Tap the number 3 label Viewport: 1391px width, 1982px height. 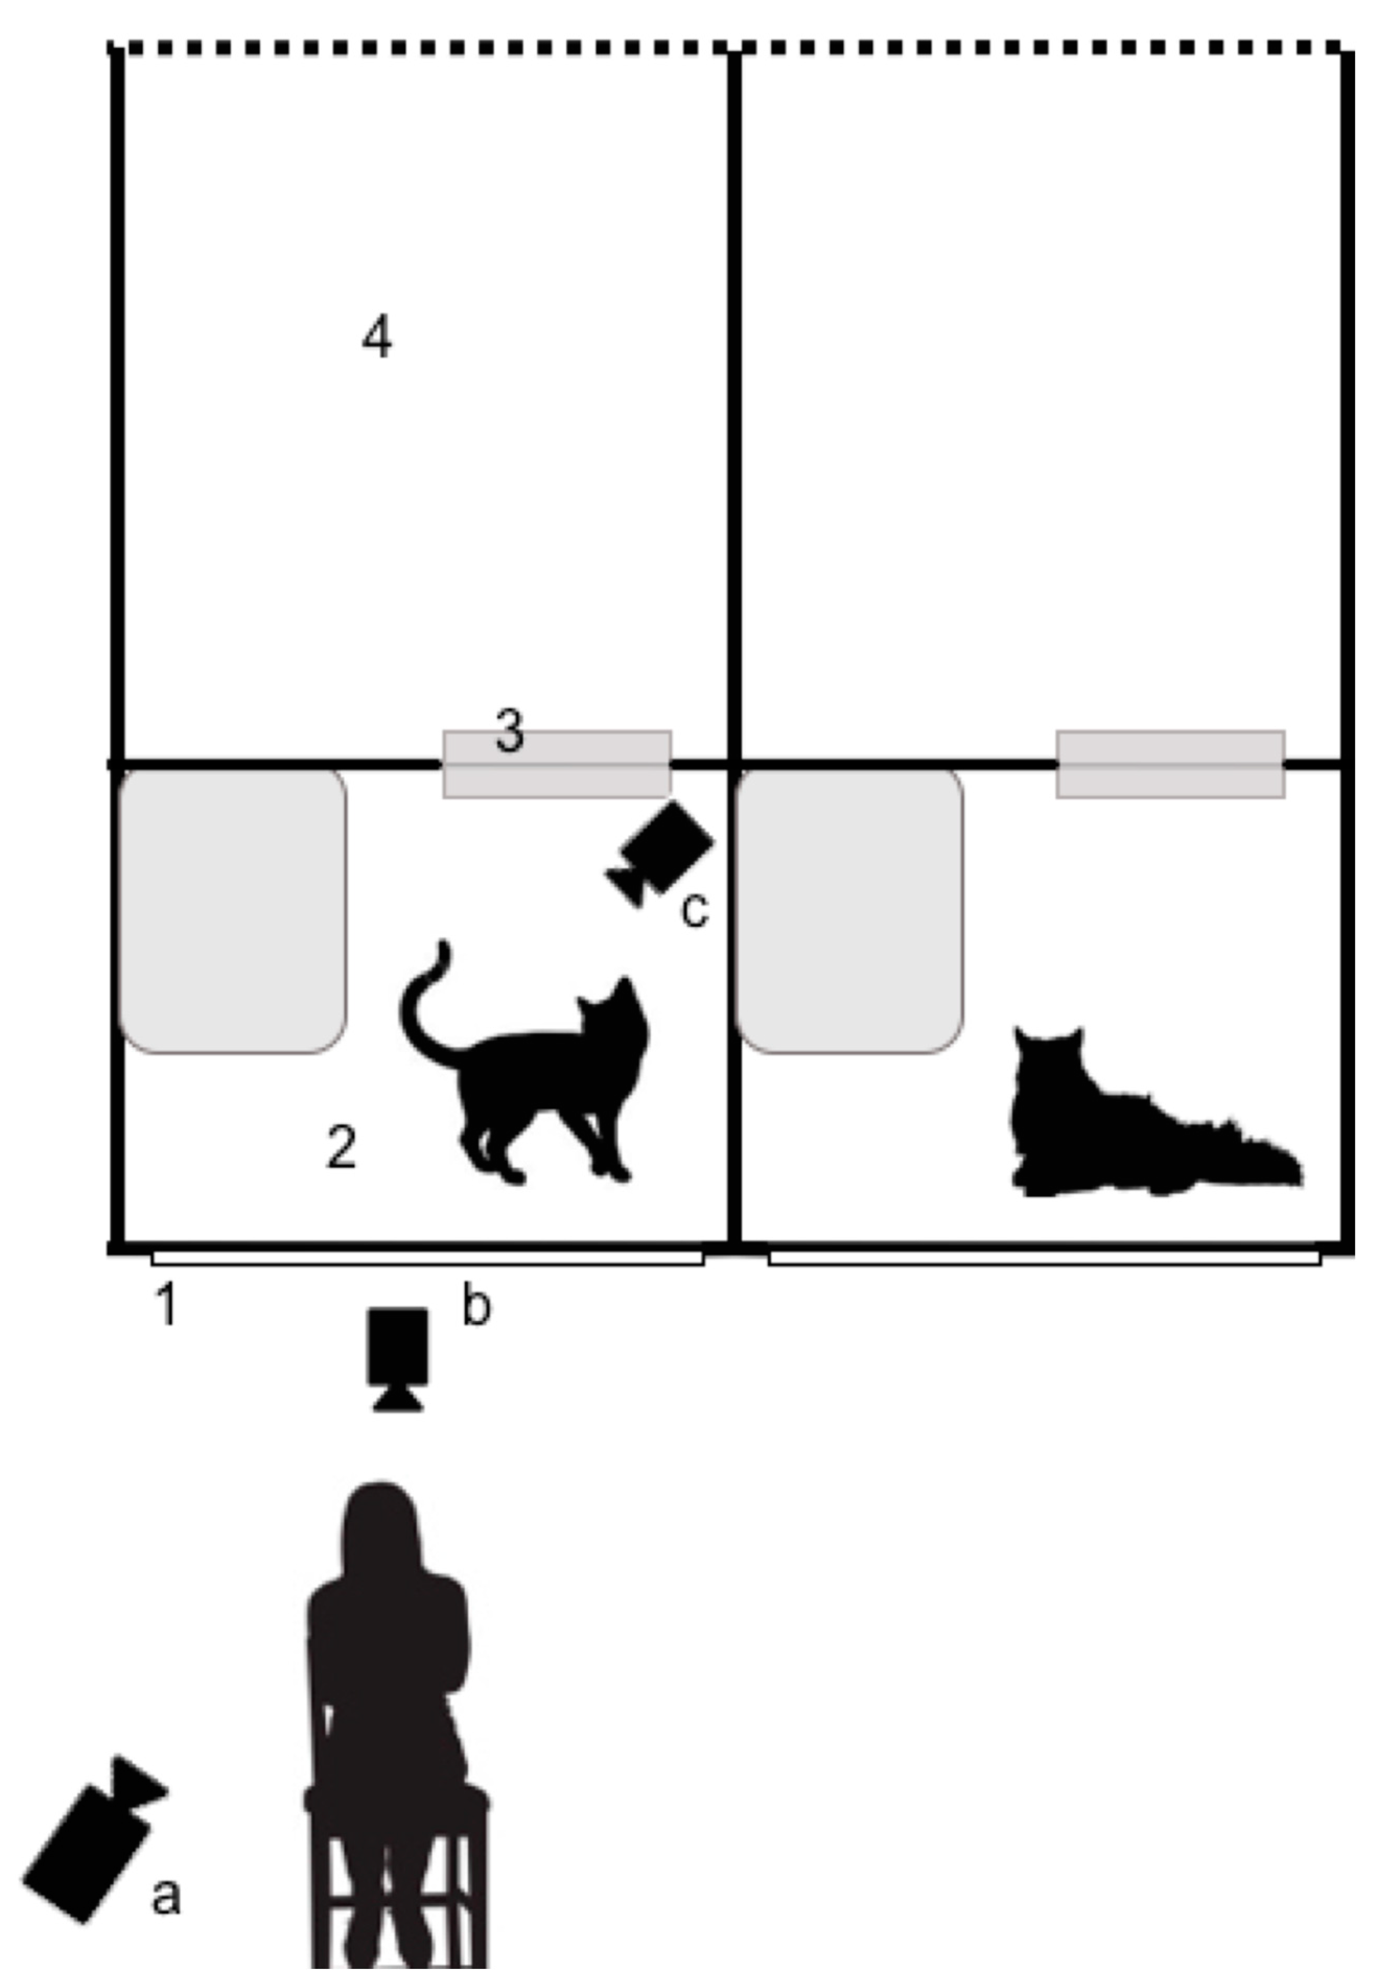[x=509, y=730]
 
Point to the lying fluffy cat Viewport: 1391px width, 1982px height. [x=1140, y=1122]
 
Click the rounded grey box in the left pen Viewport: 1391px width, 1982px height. [x=233, y=911]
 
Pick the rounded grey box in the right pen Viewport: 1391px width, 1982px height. [x=850, y=911]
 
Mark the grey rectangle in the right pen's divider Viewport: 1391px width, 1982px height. [x=1170, y=764]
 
